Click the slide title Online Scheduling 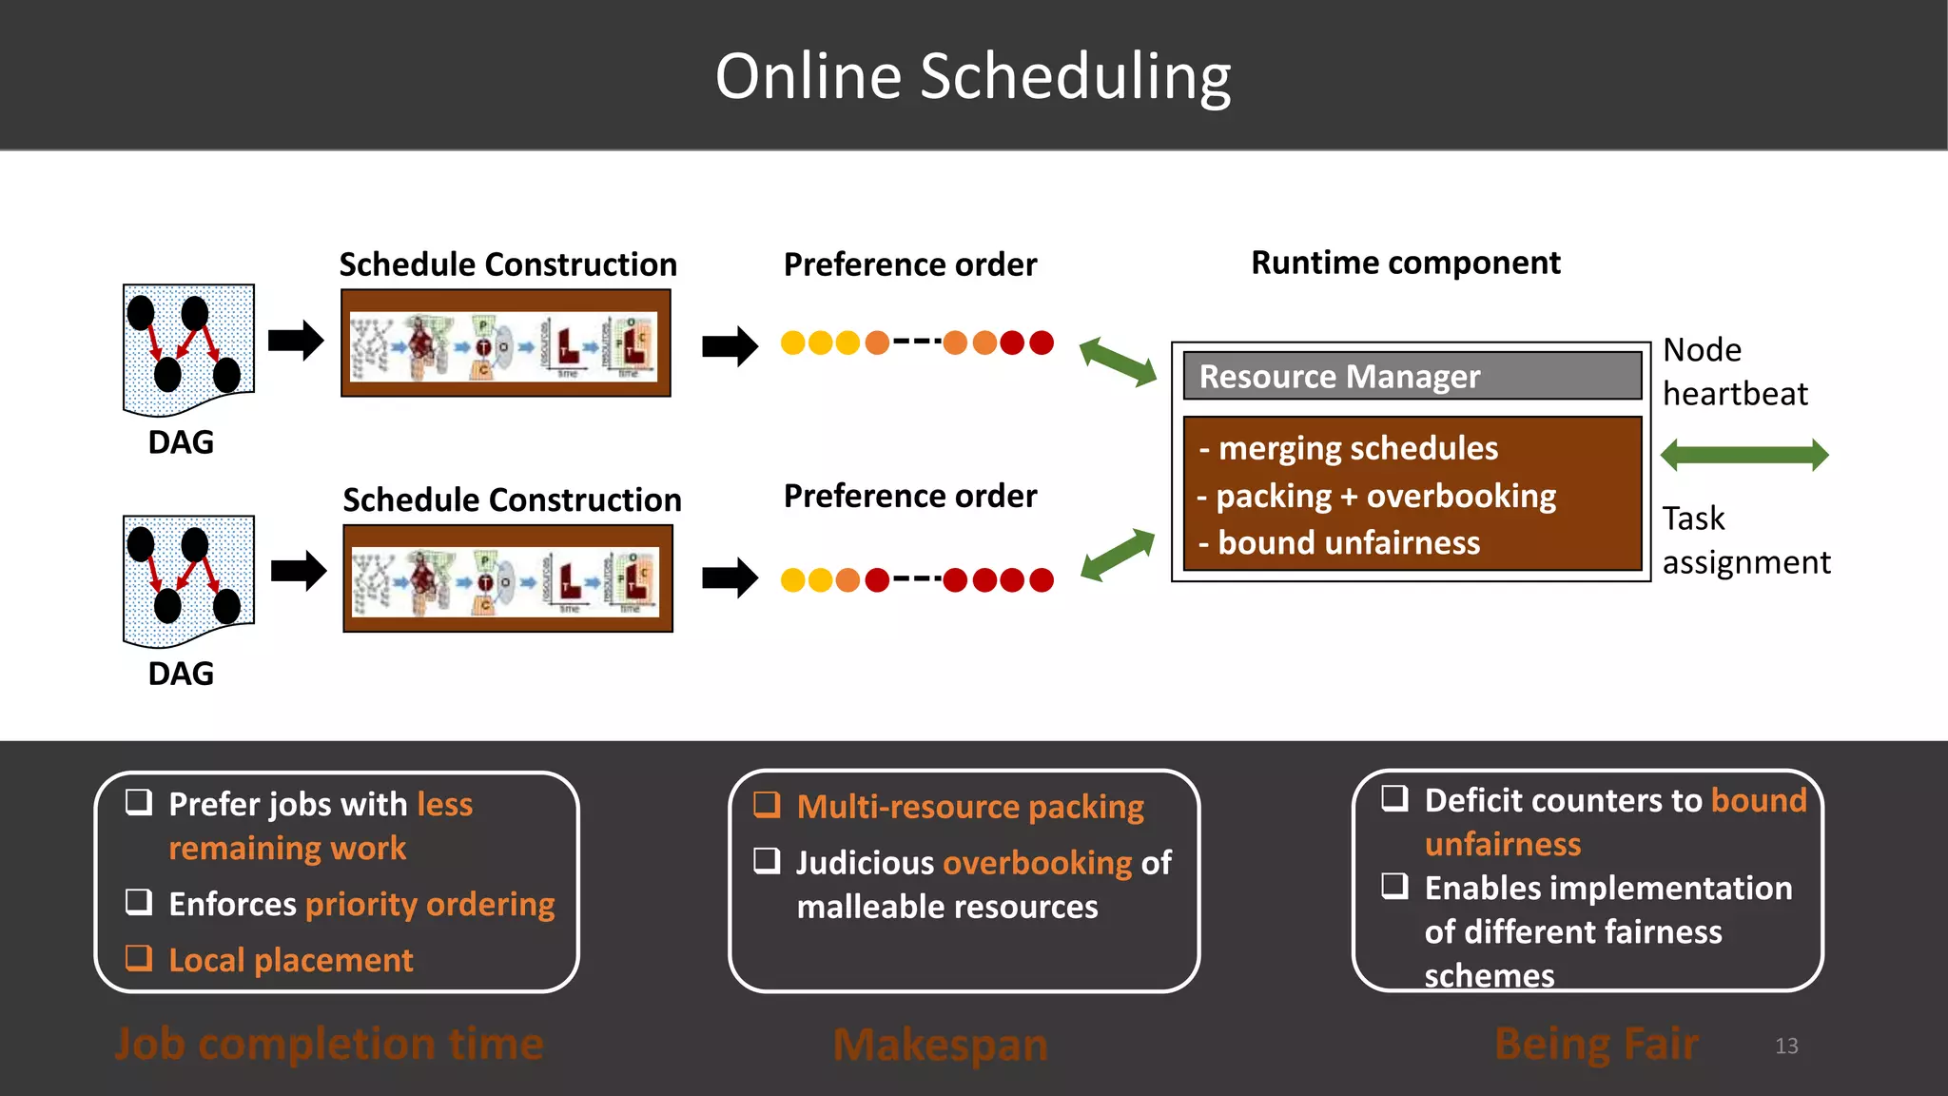[972, 76]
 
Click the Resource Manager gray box [1412, 376]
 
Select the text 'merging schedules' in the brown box [1357, 448]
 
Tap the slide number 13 [1785, 1046]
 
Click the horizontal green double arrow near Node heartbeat [1743, 455]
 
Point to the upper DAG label [181, 442]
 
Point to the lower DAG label [181, 674]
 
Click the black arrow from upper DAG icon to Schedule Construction [296, 340]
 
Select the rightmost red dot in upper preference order [1042, 342]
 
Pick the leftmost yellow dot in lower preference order [792, 579]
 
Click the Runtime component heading [1405, 263]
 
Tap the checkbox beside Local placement [139, 957]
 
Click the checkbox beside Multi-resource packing [767, 805]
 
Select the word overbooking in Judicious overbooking [1037, 863]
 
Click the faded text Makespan [940, 1045]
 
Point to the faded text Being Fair [1596, 1044]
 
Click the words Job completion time [329, 1044]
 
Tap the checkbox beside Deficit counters [1394, 797]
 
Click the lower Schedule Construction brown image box [508, 578]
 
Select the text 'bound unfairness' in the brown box [1348, 542]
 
